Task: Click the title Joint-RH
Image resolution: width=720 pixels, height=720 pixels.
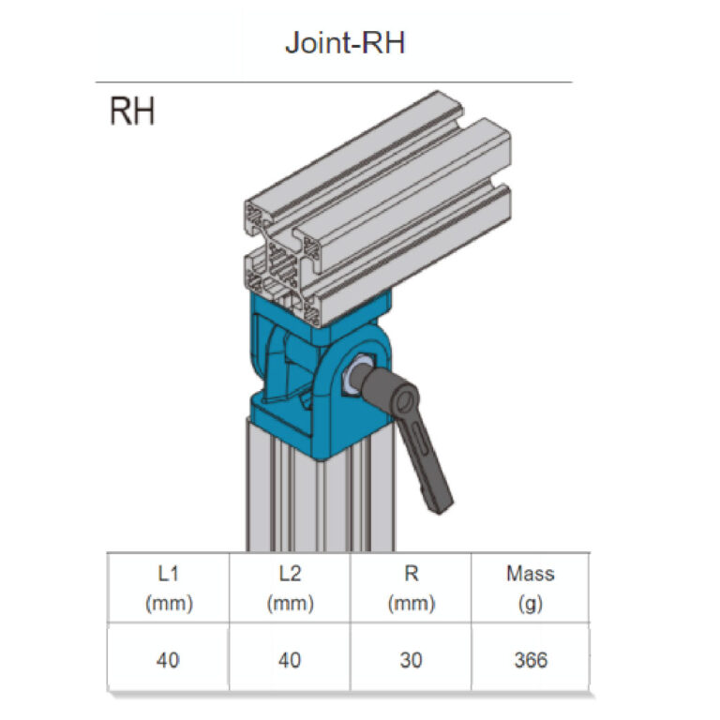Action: [345, 43]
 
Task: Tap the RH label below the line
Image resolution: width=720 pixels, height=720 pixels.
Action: [132, 112]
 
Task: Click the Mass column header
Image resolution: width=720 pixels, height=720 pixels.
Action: [531, 574]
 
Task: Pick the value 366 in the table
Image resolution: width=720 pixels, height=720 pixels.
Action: [531, 660]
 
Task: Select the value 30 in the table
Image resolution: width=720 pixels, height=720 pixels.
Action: [411, 660]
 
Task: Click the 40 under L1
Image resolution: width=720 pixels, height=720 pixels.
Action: [168, 660]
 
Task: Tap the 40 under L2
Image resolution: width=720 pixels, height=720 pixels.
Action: [290, 660]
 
